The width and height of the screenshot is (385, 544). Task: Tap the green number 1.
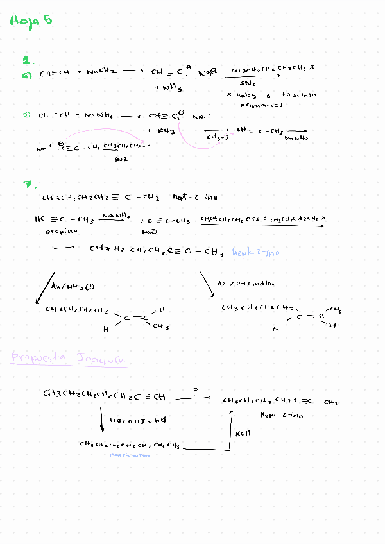click(27, 60)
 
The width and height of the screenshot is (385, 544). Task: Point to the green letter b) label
click(26, 115)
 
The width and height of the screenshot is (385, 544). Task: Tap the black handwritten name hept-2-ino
click(195, 198)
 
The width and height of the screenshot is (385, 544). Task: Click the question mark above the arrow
click(194, 389)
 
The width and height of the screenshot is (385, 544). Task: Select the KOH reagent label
click(243, 434)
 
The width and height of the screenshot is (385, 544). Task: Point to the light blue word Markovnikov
click(130, 455)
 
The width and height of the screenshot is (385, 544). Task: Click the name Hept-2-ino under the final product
click(282, 415)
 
